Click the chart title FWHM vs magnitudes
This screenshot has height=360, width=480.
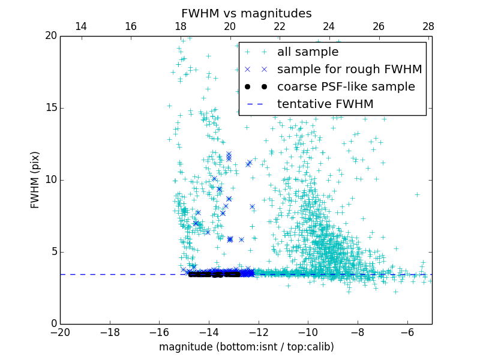pyautogui.click(x=246, y=13)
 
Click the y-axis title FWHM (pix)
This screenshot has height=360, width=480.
pyautogui.click(x=35, y=179)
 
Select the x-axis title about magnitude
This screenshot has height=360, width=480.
pyautogui.click(x=246, y=347)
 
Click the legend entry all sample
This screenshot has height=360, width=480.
pyautogui.click(x=307, y=52)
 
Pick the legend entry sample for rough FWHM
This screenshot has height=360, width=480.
pyautogui.click(x=349, y=70)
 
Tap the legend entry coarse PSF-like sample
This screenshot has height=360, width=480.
pyautogui.click(x=346, y=87)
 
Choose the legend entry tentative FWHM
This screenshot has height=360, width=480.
pyautogui.click(x=325, y=104)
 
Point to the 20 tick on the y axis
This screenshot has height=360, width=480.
pyautogui.click(x=50, y=36)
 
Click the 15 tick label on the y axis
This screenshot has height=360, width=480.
pyautogui.click(x=50, y=108)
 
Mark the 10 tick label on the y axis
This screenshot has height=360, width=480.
pyautogui.click(x=50, y=180)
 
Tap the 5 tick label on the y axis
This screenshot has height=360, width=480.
pyautogui.click(x=53, y=252)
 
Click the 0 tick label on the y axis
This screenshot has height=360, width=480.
pyautogui.click(x=53, y=324)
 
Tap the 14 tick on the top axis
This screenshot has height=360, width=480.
pyautogui.click(x=80, y=26)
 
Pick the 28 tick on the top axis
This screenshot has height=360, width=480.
pyautogui.click(x=428, y=26)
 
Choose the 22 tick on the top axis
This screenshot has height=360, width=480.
pyautogui.click(x=279, y=26)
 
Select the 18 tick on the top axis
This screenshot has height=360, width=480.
pyautogui.click(x=180, y=26)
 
